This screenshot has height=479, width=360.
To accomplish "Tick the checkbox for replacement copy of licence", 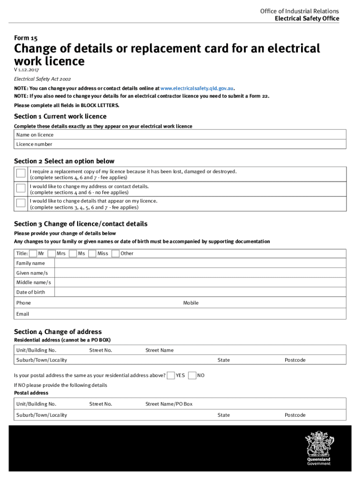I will coord(21,174).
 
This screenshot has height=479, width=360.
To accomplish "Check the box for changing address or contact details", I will coord(21,189).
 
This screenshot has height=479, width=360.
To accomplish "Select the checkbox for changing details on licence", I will coord(21,203).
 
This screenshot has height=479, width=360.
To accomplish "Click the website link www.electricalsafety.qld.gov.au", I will coord(196,88).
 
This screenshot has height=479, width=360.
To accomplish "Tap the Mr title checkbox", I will coord(33,254).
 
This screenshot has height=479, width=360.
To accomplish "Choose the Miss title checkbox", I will coord(92,254).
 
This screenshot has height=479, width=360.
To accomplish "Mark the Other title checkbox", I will coord(115,254).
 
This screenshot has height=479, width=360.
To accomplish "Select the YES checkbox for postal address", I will coord(171,375).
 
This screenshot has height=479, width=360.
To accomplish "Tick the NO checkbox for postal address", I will coord(192,375).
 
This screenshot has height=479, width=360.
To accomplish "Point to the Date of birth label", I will coord(31,292).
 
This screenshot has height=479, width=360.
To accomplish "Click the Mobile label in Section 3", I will coord(191,303).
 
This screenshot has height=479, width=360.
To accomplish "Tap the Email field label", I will coord(22,314).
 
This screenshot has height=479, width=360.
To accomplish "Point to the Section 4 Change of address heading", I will coord(58,332).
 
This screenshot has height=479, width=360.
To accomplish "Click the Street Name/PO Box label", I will coord(169,404).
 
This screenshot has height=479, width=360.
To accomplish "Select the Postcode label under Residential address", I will coord(295,360).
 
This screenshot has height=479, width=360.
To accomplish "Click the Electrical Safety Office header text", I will coord(307,19).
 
